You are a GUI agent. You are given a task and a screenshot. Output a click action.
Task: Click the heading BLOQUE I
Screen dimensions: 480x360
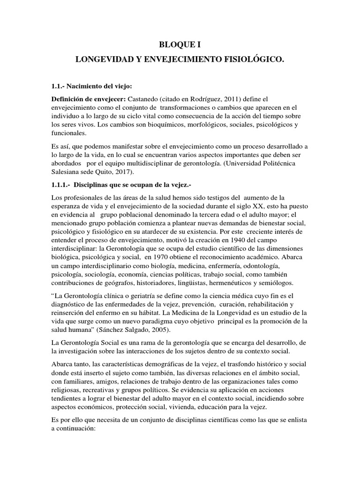[x=180, y=45]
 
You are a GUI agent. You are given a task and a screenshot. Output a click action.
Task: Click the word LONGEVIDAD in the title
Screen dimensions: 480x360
[x=104, y=61]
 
